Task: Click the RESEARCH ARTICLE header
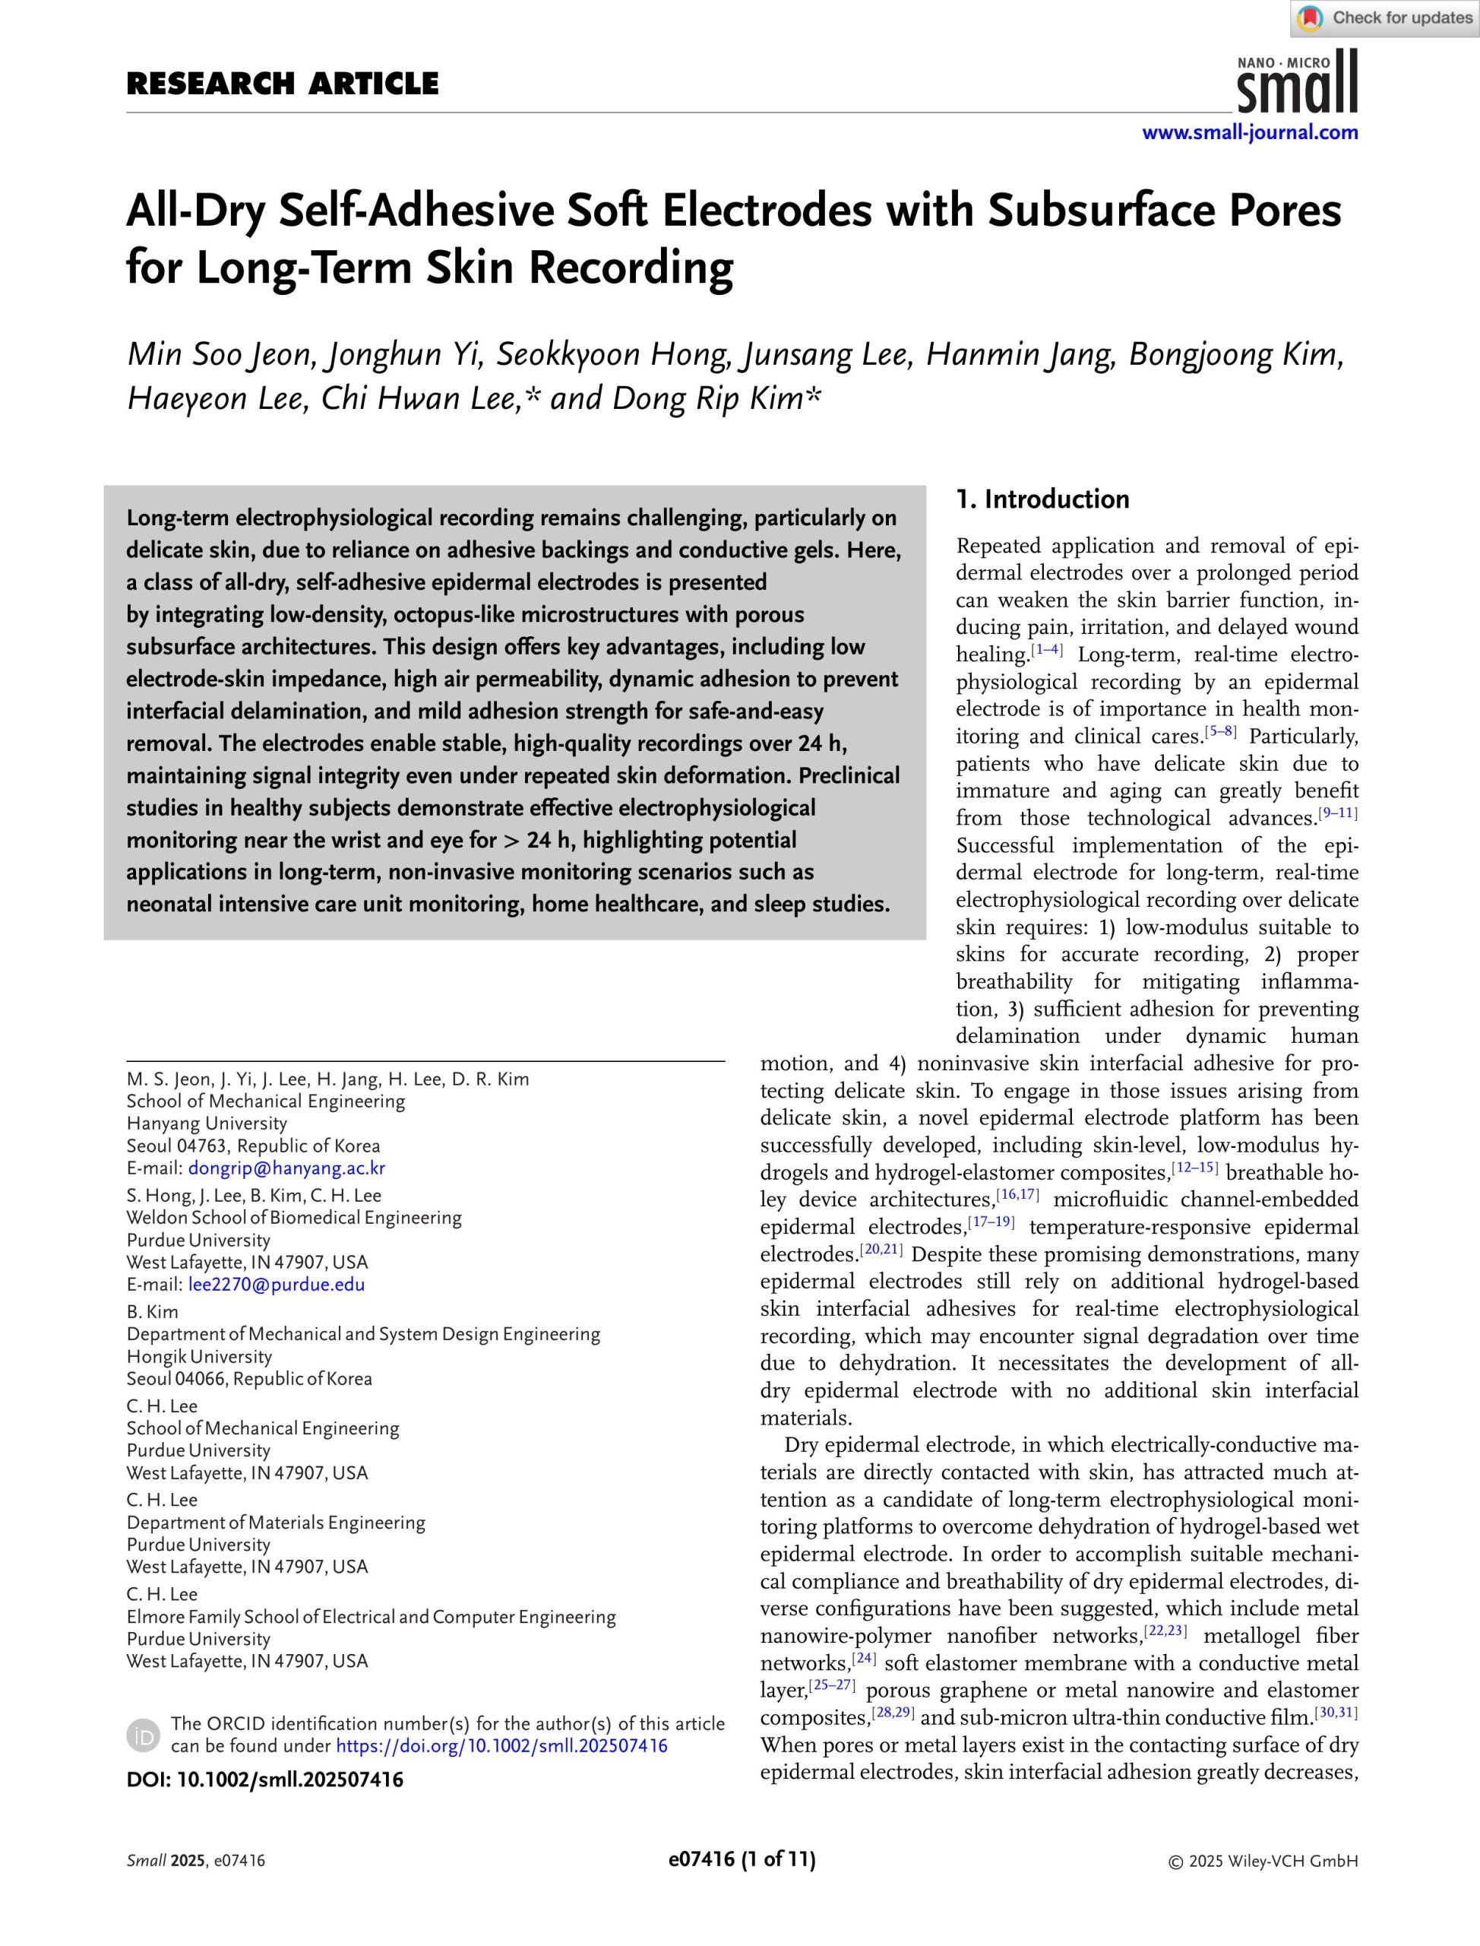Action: [282, 84]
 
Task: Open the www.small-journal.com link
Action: [1249, 133]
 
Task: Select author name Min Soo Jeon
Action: [220, 354]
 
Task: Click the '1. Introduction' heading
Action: [1042, 499]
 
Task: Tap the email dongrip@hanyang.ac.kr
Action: [286, 1168]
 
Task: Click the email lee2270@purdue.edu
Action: [276, 1284]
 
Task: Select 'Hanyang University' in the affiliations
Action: [207, 1124]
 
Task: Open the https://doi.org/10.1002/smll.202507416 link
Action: [501, 1746]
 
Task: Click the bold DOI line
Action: [264, 1780]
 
